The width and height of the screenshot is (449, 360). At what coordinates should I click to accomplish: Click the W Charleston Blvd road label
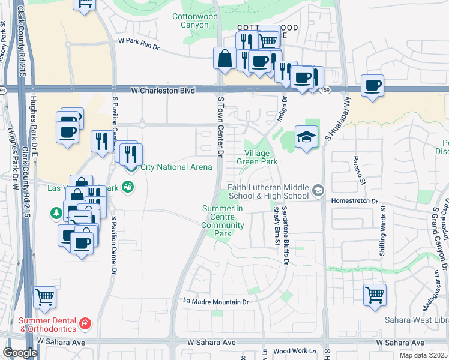coord(163,91)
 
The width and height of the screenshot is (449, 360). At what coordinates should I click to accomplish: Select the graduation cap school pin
coord(306,138)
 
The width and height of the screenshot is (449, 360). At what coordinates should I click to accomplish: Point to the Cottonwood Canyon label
coord(194,21)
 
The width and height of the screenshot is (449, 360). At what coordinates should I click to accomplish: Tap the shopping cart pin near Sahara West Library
coord(375,295)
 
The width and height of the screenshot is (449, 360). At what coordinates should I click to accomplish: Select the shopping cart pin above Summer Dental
coord(45,296)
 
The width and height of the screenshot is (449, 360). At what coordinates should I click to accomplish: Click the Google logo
coord(20,353)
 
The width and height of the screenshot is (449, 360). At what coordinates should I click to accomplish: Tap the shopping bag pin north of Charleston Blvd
coord(224,59)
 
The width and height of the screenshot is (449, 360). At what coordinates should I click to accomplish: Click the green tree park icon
coord(56,212)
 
